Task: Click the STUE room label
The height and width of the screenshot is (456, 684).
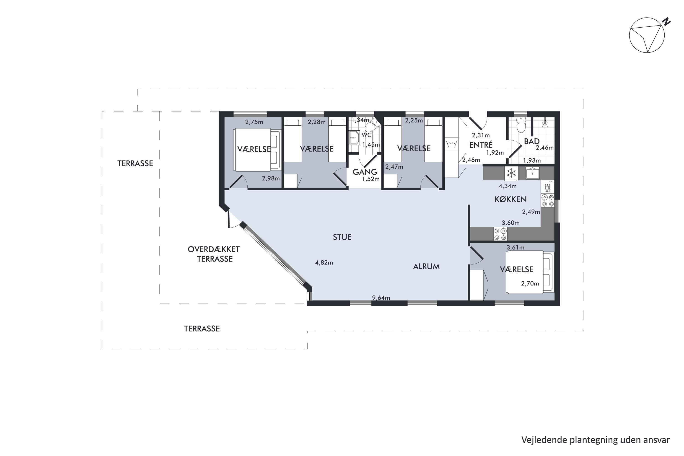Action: click(x=342, y=237)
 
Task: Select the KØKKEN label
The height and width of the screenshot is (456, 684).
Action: click(x=511, y=199)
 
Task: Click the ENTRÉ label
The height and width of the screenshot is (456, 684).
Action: click(x=481, y=145)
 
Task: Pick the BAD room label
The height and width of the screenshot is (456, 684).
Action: click(x=532, y=141)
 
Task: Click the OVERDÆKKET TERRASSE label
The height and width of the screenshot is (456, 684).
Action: click(x=214, y=254)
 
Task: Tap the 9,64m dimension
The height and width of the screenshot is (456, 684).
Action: click(x=381, y=298)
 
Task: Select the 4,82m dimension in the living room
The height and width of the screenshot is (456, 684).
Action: click(x=324, y=263)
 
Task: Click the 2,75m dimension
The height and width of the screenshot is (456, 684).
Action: click(x=254, y=122)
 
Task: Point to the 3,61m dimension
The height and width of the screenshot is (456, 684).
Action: click(x=515, y=247)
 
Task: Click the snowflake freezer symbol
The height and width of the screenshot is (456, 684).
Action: click(x=511, y=173)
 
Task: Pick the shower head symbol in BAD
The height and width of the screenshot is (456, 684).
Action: click(x=545, y=123)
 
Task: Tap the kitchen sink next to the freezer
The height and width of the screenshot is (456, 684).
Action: click(x=532, y=173)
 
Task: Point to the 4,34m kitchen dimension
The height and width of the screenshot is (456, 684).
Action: click(x=508, y=186)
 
